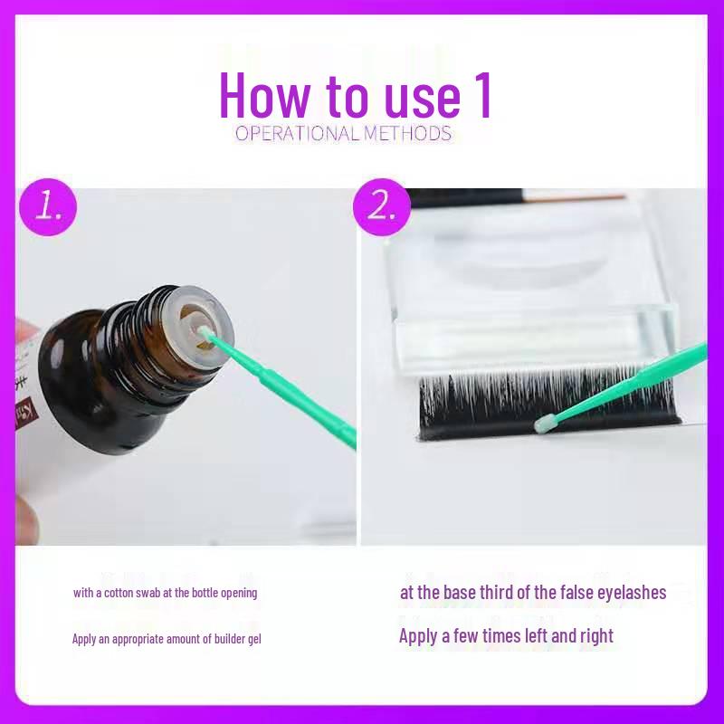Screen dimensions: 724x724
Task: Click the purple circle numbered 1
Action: click(47, 206)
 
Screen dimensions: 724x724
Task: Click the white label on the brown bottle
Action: click(29, 362)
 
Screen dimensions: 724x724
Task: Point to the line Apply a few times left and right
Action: click(506, 636)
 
